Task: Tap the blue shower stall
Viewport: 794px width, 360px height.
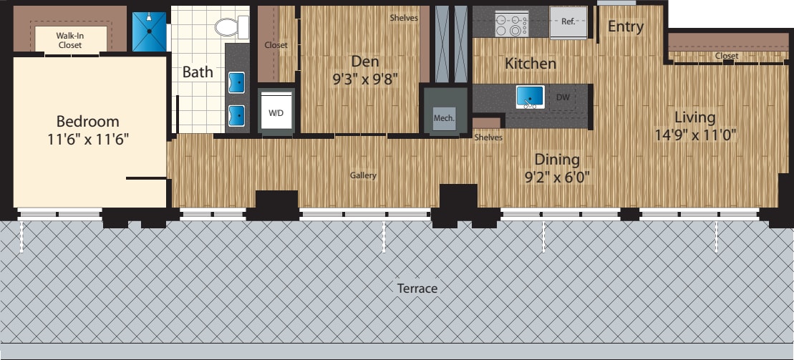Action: click(x=149, y=29)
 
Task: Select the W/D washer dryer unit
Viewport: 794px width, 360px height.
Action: click(x=276, y=112)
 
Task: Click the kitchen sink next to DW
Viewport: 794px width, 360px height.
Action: click(x=531, y=96)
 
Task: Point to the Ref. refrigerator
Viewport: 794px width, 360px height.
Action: click(x=568, y=22)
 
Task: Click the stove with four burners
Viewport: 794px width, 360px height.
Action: click(x=512, y=24)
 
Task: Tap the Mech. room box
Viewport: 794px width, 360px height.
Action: click(x=444, y=118)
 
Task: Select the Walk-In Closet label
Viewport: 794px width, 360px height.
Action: click(x=69, y=39)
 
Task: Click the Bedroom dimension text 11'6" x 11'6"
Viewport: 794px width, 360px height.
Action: click(x=88, y=138)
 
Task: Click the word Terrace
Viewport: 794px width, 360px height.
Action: click(x=417, y=288)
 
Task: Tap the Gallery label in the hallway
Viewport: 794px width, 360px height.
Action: click(x=363, y=175)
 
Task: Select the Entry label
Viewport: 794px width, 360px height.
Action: click(x=625, y=27)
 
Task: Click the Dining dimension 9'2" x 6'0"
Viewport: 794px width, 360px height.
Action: click(x=556, y=176)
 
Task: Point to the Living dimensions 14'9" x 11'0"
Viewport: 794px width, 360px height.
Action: click(x=694, y=134)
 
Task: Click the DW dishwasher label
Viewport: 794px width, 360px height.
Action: click(x=563, y=97)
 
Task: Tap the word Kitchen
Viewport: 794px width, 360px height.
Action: click(x=530, y=64)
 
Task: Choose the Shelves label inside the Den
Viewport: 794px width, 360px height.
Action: click(x=404, y=18)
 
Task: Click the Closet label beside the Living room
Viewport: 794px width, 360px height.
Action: click(x=726, y=56)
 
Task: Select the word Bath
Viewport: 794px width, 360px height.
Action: click(x=197, y=72)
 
